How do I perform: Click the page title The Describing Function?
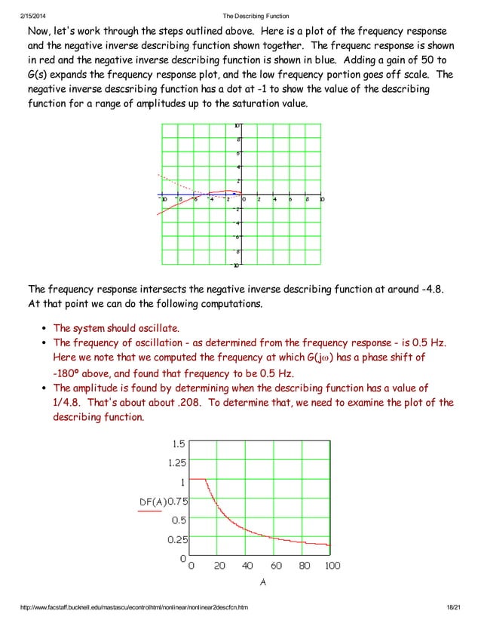(x=256, y=17)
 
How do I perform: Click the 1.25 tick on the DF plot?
(x=176, y=462)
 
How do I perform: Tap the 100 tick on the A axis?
(x=332, y=566)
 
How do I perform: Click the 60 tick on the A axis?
(x=276, y=566)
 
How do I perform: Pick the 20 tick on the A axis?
(x=219, y=566)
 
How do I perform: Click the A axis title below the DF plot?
(x=262, y=582)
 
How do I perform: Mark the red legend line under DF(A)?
(x=149, y=511)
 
